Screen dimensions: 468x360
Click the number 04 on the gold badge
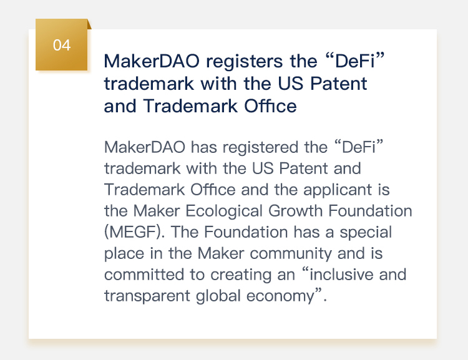pos(62,46)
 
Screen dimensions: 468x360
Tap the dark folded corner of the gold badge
pos(89,24)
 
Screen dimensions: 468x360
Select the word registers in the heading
pos(245,61)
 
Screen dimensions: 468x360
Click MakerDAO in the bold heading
pos(152,61)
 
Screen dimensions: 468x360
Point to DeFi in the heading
pos(355,61)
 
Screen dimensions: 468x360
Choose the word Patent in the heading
pos(338,84)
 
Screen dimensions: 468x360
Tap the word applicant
pos(338,190)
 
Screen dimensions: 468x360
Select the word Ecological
pos(224,211)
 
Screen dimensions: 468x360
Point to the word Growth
pos(296,211)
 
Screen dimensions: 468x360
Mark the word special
pos(366,233)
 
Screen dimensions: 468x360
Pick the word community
pos(291,254)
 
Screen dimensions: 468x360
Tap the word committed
pos(144,275)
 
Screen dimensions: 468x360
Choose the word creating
pos(241,275)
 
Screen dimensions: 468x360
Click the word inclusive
pos(341,275)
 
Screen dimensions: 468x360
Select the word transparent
pos(147,296)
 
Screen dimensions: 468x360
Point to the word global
pos(218,296)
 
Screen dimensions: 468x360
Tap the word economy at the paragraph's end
pos(281,296)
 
